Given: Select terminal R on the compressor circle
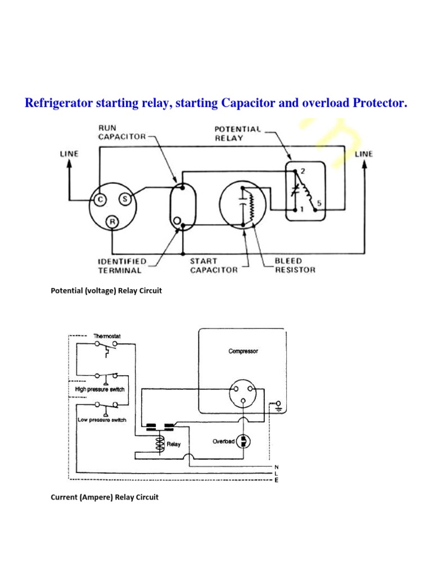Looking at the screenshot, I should click(113, 222).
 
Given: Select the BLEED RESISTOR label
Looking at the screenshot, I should click(295, 265).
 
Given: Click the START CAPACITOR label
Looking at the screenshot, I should click(214, 265).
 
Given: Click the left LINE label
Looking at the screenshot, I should click(69, 154).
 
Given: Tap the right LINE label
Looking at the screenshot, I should click(363, 154).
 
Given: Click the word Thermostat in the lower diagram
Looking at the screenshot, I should click(107, 336).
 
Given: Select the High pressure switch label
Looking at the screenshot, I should click(100, 389).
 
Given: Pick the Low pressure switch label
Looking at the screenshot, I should click(102, 420).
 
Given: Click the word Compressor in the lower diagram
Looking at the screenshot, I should click(244, 351).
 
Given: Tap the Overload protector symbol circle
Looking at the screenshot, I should click(244, 440).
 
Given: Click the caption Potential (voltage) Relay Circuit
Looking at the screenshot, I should click(106, 291).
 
